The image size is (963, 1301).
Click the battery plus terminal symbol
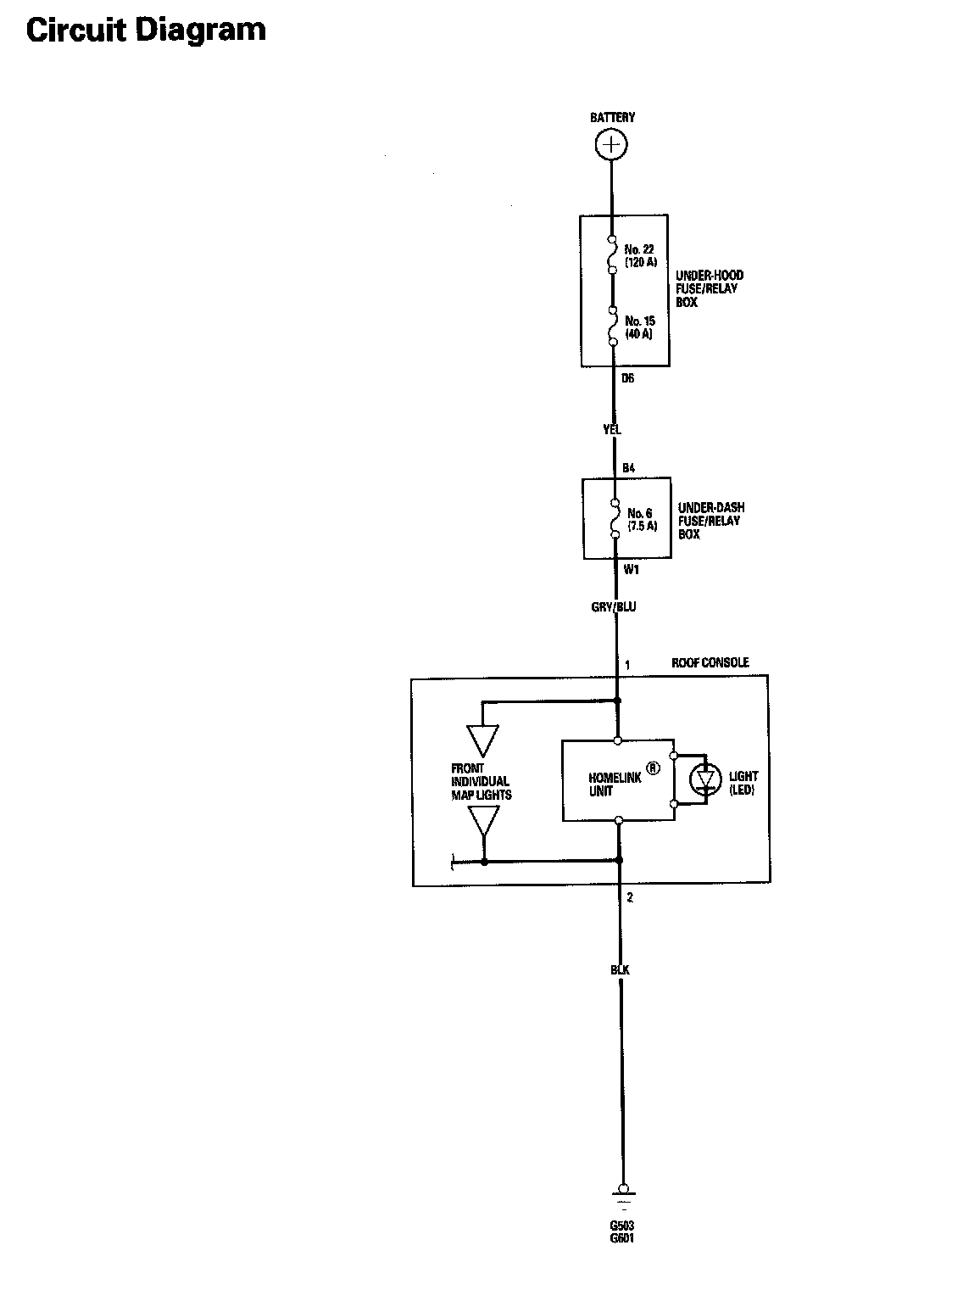point(611,145)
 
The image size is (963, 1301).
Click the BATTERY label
point(612,118)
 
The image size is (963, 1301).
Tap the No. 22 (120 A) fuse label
point(641,255)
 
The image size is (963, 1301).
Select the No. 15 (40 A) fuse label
point(640,327)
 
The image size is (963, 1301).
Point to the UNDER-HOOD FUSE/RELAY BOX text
point(710,289)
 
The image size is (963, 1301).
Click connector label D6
point(627,379)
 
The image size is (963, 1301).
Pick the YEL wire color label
point(612,430)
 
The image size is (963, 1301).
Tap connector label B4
point(628,468)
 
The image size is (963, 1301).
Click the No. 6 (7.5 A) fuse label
point(642,519)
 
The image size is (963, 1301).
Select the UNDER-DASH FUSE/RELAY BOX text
point(710,521)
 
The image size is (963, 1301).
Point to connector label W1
point(631,570)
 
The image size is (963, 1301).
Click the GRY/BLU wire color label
point(614,607)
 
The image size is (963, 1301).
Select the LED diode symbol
point(704,778)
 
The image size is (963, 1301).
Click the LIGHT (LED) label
point(743,783)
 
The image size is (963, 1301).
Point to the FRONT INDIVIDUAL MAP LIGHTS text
point(481,782)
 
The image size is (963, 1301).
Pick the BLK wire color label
point(620,970)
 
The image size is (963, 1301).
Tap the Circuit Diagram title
point(146,30)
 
